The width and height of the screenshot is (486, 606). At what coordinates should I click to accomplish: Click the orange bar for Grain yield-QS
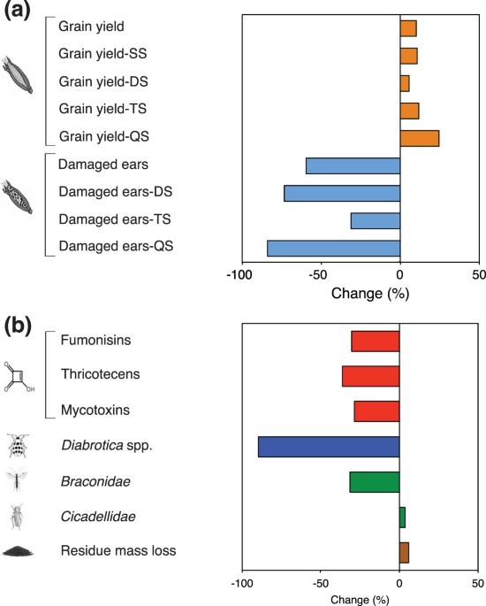tap(419, 138)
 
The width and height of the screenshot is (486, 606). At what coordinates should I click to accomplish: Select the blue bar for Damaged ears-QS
tap(333, 249)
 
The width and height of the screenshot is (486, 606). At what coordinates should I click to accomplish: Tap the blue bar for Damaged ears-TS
tap(375, 220)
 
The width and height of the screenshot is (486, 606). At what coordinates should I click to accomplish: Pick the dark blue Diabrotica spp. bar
tap(328, 446)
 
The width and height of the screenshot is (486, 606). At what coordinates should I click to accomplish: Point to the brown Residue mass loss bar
tap(404, 552)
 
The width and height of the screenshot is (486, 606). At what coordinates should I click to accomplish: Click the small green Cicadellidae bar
tap(402, 517)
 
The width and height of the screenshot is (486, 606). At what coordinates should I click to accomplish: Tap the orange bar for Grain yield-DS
tap(404, 83)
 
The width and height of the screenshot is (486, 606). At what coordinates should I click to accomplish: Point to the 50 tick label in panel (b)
tap(477, 584)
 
